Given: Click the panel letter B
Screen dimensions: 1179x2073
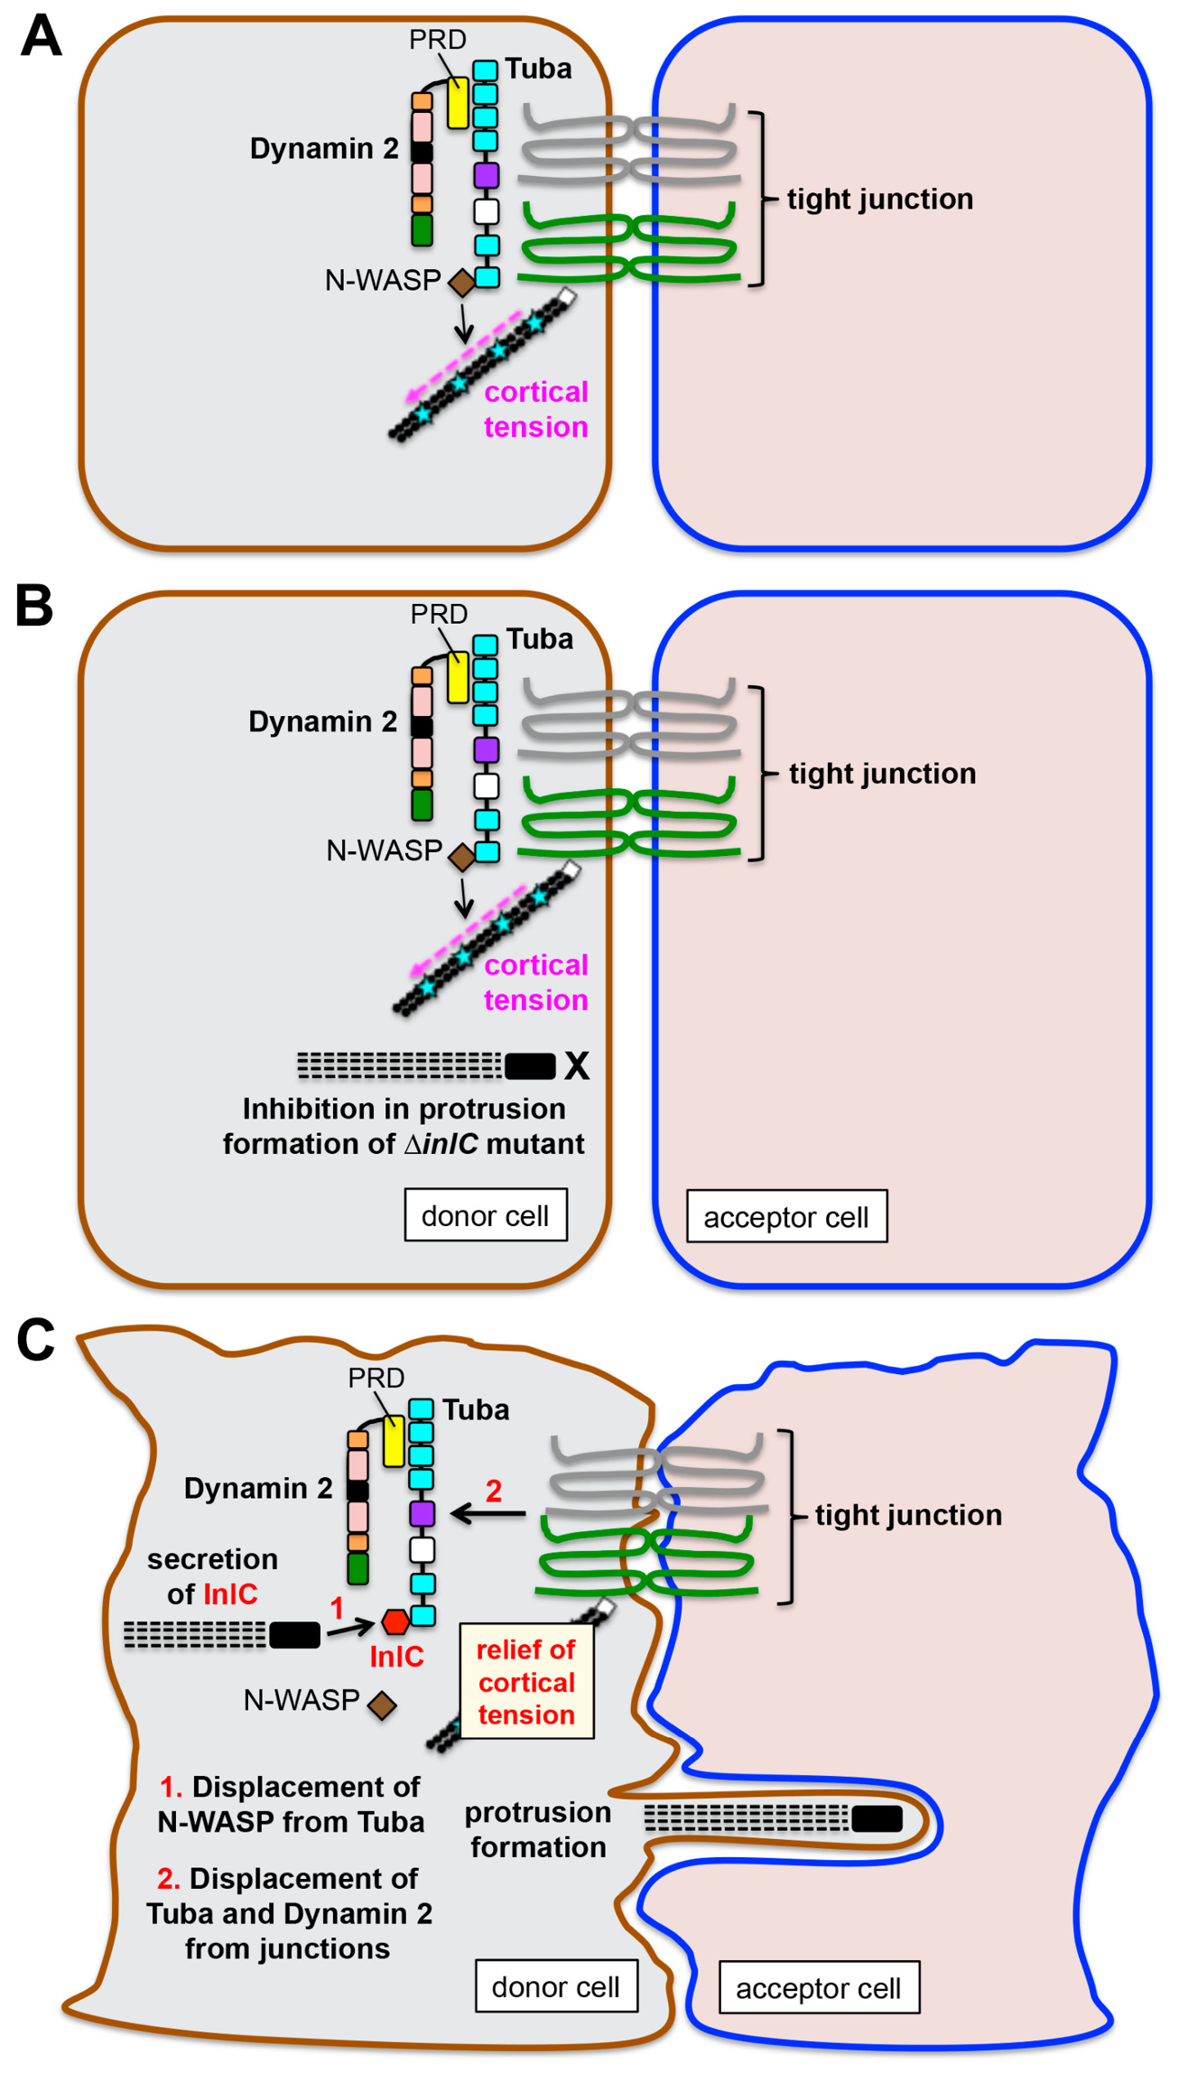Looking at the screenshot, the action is (34, 606).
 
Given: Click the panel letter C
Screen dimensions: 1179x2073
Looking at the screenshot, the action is (36, 1340).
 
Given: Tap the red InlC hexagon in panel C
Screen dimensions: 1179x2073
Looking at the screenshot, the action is (395, 1622).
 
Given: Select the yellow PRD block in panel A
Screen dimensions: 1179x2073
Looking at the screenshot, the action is (459, 103).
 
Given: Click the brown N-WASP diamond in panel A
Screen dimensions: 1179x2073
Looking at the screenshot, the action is (461, 283).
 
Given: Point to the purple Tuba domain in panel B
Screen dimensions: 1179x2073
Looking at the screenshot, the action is (487, 749).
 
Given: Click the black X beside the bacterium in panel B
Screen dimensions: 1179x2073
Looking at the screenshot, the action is (577, 1066).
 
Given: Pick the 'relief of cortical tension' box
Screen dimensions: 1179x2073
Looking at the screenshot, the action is (526, 1681).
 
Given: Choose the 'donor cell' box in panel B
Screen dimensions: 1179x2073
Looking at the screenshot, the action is (486, 1215).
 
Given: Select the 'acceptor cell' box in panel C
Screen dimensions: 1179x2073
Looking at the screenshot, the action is (819, 1987).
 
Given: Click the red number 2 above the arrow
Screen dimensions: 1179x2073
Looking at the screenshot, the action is (494, 1491).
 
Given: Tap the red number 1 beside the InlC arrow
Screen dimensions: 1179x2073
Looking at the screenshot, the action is (337, 1608).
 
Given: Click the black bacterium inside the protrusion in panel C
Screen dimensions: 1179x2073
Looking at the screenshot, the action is (877, 1818).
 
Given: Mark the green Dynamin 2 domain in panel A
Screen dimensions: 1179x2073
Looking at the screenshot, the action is (422, 229).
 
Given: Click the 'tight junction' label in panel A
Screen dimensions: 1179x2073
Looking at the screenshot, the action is (880, 199).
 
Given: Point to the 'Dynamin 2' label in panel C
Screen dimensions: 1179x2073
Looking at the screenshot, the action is (258, 1488).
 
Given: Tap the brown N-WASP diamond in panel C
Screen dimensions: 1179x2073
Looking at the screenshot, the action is (382, 1705).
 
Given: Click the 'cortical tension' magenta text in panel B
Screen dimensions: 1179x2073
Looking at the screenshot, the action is (536, 982).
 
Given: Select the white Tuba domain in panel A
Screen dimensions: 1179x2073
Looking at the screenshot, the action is (487, 211).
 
